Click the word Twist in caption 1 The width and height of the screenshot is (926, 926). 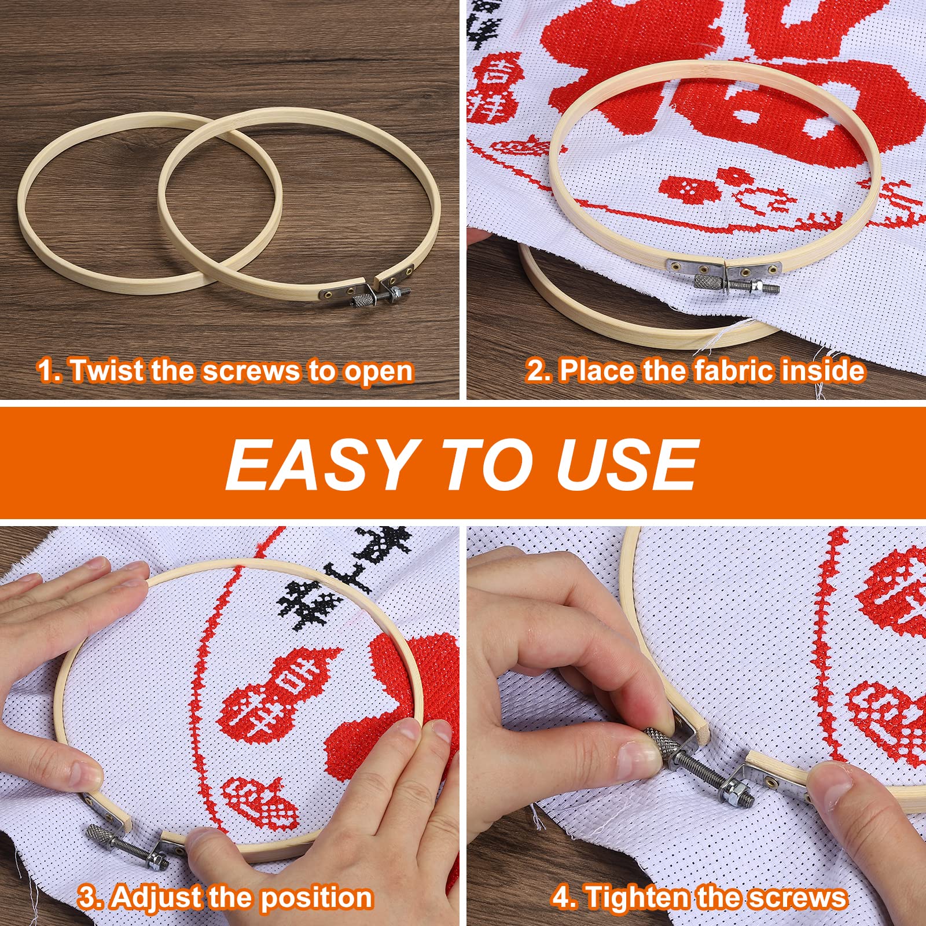108,371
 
